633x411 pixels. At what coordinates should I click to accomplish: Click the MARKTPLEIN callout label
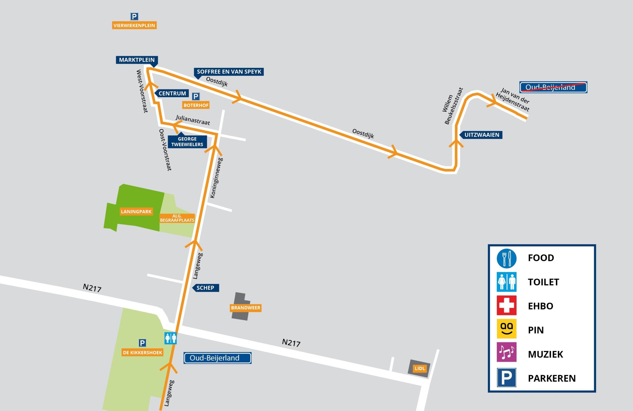point(137,60)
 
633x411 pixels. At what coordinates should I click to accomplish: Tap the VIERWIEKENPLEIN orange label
point(134,25)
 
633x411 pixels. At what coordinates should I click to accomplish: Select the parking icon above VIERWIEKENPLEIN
point(134,17)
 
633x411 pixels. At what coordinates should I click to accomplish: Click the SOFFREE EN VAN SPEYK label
point(229,72)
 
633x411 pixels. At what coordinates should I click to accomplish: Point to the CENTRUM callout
point(172,94)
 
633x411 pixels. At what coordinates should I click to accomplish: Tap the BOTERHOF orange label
point(196,105)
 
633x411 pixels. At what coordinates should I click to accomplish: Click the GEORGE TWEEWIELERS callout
point(187,142)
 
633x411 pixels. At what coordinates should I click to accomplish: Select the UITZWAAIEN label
point(481,135)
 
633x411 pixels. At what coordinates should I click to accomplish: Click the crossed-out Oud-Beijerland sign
point(553,87)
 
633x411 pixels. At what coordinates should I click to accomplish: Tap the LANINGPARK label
point(136,212)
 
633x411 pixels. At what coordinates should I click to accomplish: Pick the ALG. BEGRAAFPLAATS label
point(177,218)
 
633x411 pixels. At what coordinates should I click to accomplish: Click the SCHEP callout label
point(205,288)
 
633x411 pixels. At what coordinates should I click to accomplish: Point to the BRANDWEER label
point(246,308)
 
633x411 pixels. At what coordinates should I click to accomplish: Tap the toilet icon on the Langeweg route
point(170,338)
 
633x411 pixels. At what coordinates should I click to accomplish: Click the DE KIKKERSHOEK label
point(143,352)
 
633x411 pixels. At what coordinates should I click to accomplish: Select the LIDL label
point(420,368)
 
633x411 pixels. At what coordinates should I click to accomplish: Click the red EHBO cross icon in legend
point(506,305)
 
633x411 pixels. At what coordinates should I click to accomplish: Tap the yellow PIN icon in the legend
point(506,329)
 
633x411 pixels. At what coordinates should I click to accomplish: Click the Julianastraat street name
point(193,120)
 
